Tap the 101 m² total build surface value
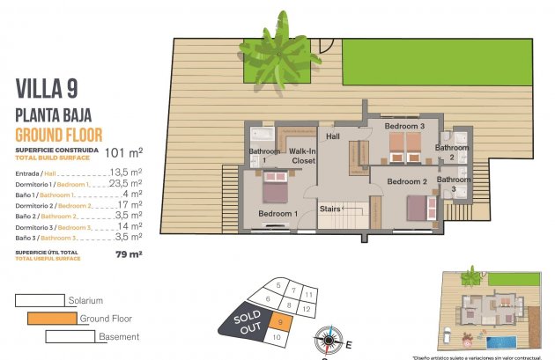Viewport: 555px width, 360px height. tap(123, 152)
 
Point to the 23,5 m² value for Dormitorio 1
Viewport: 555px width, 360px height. tap(128, 184)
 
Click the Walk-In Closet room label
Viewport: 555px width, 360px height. tap(302, 157)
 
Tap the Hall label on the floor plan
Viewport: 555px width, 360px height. tap(333, 137)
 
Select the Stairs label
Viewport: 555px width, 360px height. tap(329, 209)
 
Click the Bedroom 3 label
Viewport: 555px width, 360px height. tap(404, 127)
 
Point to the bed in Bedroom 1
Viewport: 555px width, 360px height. tap(274, 189)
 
